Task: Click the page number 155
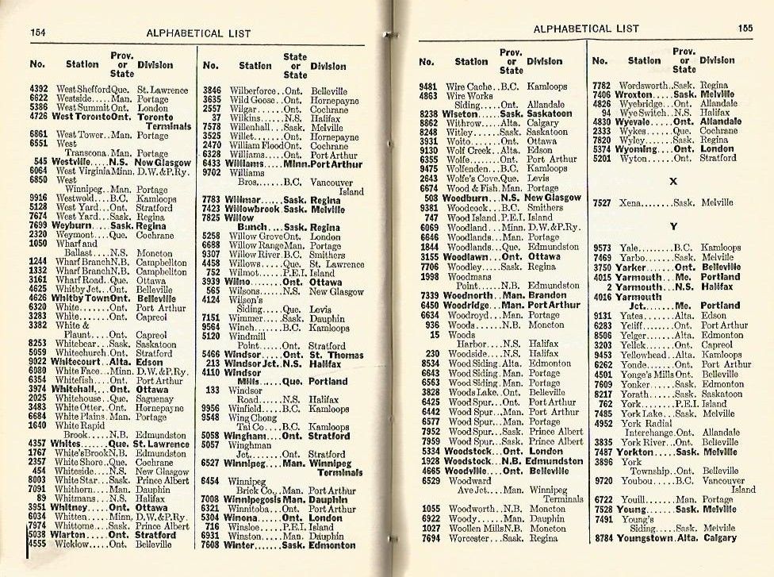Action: tap(745, 29)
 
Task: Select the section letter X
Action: tap(673, 181)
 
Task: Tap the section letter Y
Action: tap(673, 226)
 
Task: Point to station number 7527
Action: tap(603, 203)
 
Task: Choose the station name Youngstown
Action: tap(647, 537)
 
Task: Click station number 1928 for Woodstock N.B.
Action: tap(431, 460)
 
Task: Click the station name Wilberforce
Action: tap(253, 91)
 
